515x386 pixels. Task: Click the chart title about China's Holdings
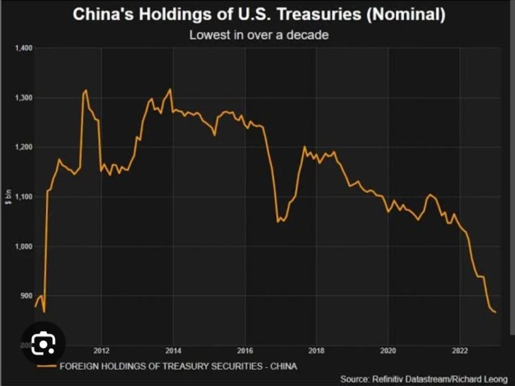tap(259, 14)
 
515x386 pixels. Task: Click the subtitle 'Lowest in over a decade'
tap(258, 34)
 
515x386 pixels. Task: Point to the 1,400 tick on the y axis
tap(23, 48)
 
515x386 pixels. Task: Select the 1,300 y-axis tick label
tap(23, 98)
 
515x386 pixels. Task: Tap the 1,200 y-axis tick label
tap(23, 147)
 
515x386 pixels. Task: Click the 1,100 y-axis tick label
tap(23, 196)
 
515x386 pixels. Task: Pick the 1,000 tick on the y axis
tap(23, 246)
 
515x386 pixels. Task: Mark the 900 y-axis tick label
tap(25, 295)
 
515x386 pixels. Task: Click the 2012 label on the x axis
tap(102, 349)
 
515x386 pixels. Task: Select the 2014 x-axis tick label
tap(174, 349)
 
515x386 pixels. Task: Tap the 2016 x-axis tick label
tap(246, 349)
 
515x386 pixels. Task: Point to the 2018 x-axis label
tap(317, 349)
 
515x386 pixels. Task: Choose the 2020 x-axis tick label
tap(389, 349)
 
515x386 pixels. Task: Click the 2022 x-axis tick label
tap(461, 349)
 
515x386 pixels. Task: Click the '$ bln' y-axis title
tap(9, 196)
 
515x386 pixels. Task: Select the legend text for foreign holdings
tap(179, 365)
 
